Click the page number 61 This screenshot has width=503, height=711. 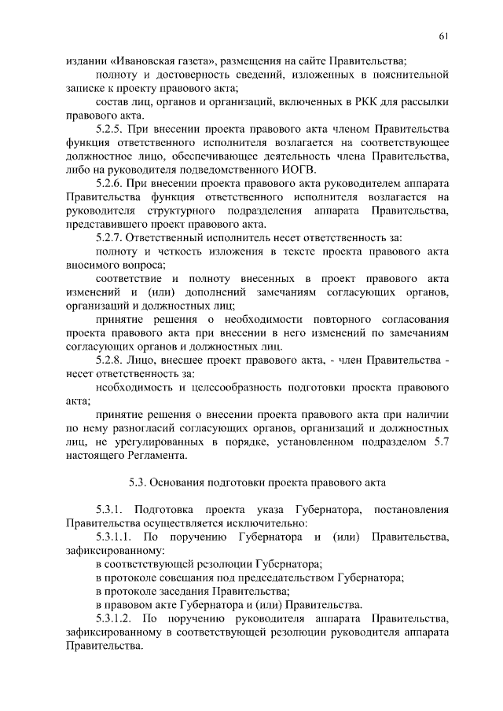coord(444,36)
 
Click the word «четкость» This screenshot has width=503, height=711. coord(171,251)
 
